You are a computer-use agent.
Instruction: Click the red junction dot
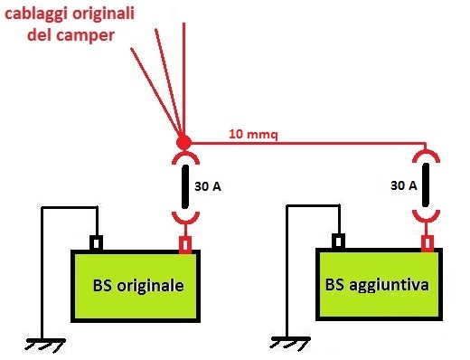[183, 143]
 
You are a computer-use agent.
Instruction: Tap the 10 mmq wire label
[252, 135]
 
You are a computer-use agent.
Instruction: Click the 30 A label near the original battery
[208, 187]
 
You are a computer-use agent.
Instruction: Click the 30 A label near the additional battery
[403, 185]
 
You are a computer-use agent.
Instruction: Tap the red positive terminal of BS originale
[185, 245]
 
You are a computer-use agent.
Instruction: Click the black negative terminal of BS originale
[96, 243]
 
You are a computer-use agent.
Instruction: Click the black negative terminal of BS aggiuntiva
[337, 242]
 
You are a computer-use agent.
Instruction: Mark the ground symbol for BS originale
[41, 345]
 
